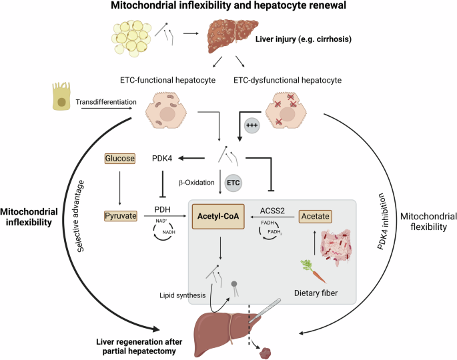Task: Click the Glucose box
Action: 120,159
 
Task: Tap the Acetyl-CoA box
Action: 217,215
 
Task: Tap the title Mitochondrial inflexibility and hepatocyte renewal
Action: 229,8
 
